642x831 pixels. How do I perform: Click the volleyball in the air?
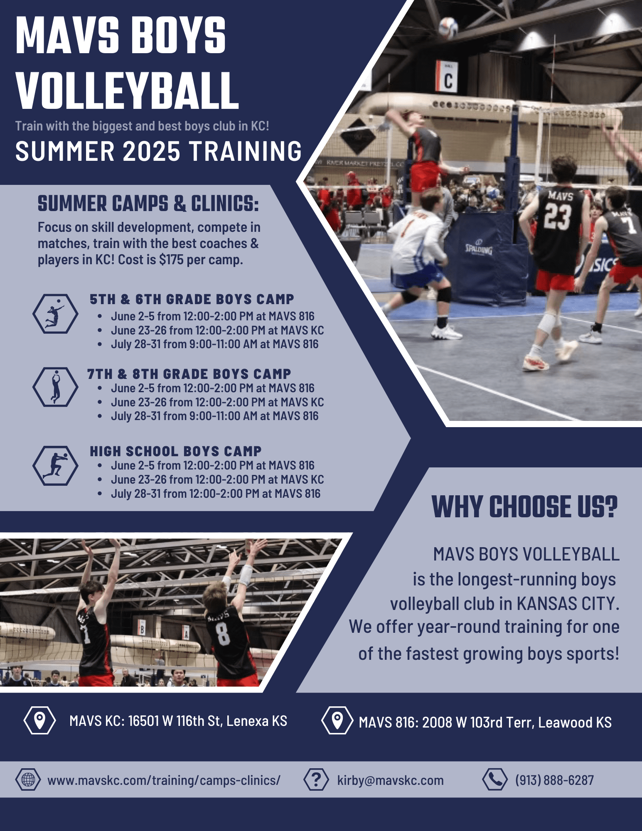click(x=448, y=27)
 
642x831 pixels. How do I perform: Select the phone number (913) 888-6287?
click(x=554, y=780)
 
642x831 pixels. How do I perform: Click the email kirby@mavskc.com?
click(x=390, y=780)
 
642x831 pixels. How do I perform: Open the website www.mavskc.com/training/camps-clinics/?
click(x=164, y=780)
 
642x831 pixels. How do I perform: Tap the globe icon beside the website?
click(x=28, y=779)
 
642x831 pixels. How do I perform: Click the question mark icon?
click(x=316, y=779)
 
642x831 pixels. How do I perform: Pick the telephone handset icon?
click(x=495, y=779)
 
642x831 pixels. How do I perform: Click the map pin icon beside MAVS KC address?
click(x=39, y=720)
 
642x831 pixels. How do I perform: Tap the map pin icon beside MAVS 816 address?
click(x=337, y=720)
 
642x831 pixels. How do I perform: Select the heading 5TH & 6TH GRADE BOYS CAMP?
click(x=192, y=299)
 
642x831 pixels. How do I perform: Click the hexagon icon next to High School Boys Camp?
click(x=55, y=465)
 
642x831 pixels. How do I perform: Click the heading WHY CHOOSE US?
click(x=525, y=507)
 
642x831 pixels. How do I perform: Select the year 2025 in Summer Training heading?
click(x=152, y=151)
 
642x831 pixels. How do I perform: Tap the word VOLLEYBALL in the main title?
click(x=127, y=90)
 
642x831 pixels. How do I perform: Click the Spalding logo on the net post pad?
click(x=479, y=248)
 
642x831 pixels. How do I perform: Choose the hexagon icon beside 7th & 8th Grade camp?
click(x=55, y=386)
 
